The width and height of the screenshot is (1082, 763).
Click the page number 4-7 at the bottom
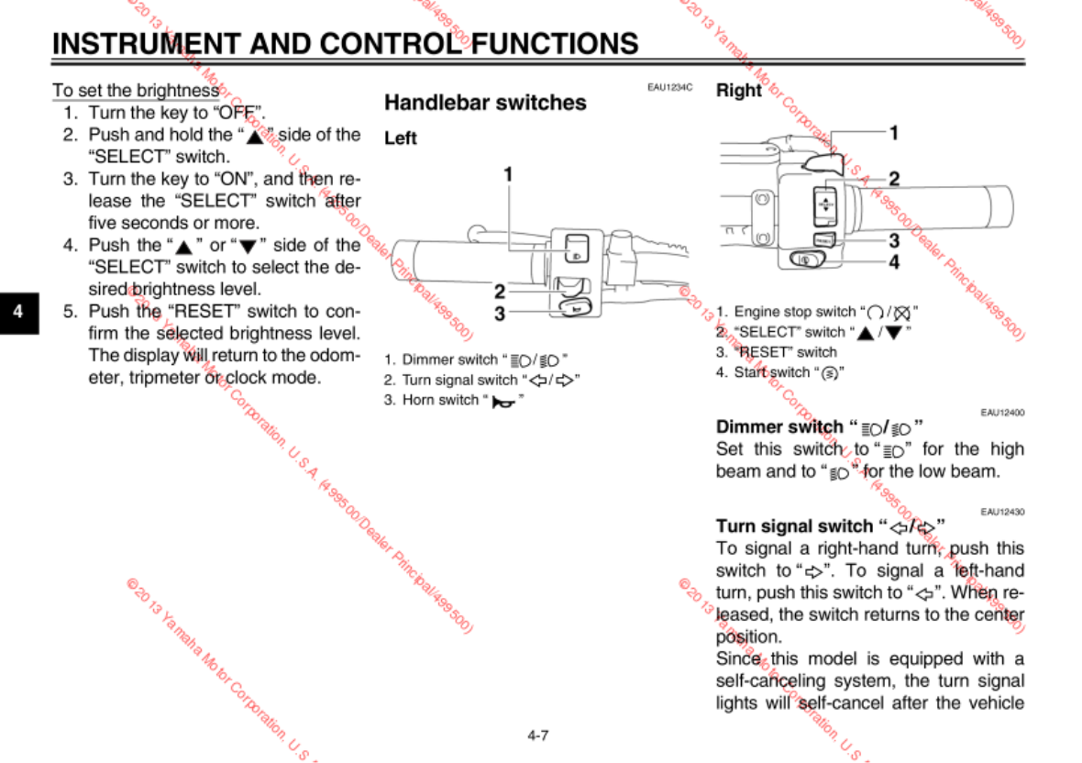pyautogui.click(x=538, y=735)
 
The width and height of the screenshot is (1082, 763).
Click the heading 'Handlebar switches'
pyautogui.click(x=485, y=103)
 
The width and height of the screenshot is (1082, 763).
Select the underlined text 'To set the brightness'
pyautogui.click(x=136, y=91)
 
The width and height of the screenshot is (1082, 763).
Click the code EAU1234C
pyautogui.click(x=669, y=88)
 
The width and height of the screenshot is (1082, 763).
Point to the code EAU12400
pyautogui.click(x=1002, y=413)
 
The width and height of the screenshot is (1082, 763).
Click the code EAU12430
pyautogui.click(x=1002, y=512)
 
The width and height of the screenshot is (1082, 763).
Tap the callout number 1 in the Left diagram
pyautogui.click(x=507, y=173)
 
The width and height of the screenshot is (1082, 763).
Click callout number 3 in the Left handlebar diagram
pyautogui.click(x=500, y=314)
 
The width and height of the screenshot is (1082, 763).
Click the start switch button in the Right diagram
pyautogui.click(x=807, y=260)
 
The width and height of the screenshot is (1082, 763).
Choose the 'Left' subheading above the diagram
pyautogui.click(x=401, y=138)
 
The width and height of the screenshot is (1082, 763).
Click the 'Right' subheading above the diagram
pyautogui.click(x=739, y=91)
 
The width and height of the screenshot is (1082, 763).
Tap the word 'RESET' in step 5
pyautogui.click(x=212, y=311)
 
